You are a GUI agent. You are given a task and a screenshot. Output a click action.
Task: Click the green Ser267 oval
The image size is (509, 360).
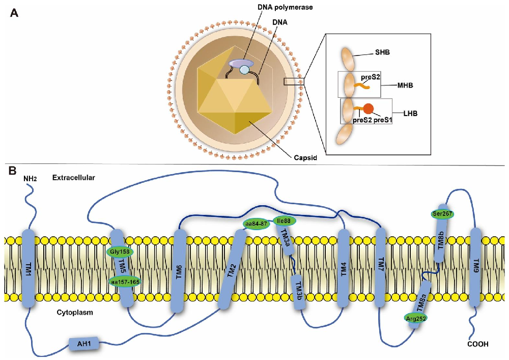click(x=443, y=213)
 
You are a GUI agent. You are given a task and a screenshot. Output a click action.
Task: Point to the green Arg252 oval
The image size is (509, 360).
click(x=416, y=318)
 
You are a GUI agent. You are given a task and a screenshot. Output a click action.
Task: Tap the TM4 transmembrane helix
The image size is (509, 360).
click(x=344, y=267)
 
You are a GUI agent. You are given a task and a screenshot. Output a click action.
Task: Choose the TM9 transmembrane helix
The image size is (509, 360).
click(x=476, y=267)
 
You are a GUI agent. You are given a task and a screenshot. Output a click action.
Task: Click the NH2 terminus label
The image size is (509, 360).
click(x=31, y=179)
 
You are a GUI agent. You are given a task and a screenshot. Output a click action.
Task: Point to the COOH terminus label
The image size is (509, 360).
click(x=477, y=344)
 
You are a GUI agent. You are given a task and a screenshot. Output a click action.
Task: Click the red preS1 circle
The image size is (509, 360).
click(x=368, y=108)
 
